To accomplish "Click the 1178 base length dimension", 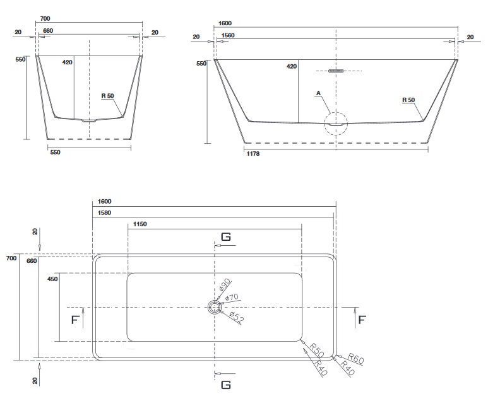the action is (253, 153).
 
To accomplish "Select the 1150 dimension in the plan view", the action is (140, 224).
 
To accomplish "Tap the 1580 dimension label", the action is (104, 213).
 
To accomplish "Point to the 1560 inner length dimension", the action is (227, 35).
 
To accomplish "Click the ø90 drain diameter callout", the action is (225, 284).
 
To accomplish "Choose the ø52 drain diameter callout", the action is (237, 316).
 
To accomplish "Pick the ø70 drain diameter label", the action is (232, 298).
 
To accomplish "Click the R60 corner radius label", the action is (355, 358).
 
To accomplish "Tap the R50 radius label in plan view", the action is (317, 350).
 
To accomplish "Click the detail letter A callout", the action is (318, 93).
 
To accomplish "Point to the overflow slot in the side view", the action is (336, 71).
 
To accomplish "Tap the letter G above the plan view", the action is (226, 237).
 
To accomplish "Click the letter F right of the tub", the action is (362, 320).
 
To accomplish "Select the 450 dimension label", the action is (52, 279).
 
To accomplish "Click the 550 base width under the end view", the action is (55, 153).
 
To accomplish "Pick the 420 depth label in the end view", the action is (67, 62).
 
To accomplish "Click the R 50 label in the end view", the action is (108, 96).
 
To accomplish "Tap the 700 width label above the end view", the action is (45, 19).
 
